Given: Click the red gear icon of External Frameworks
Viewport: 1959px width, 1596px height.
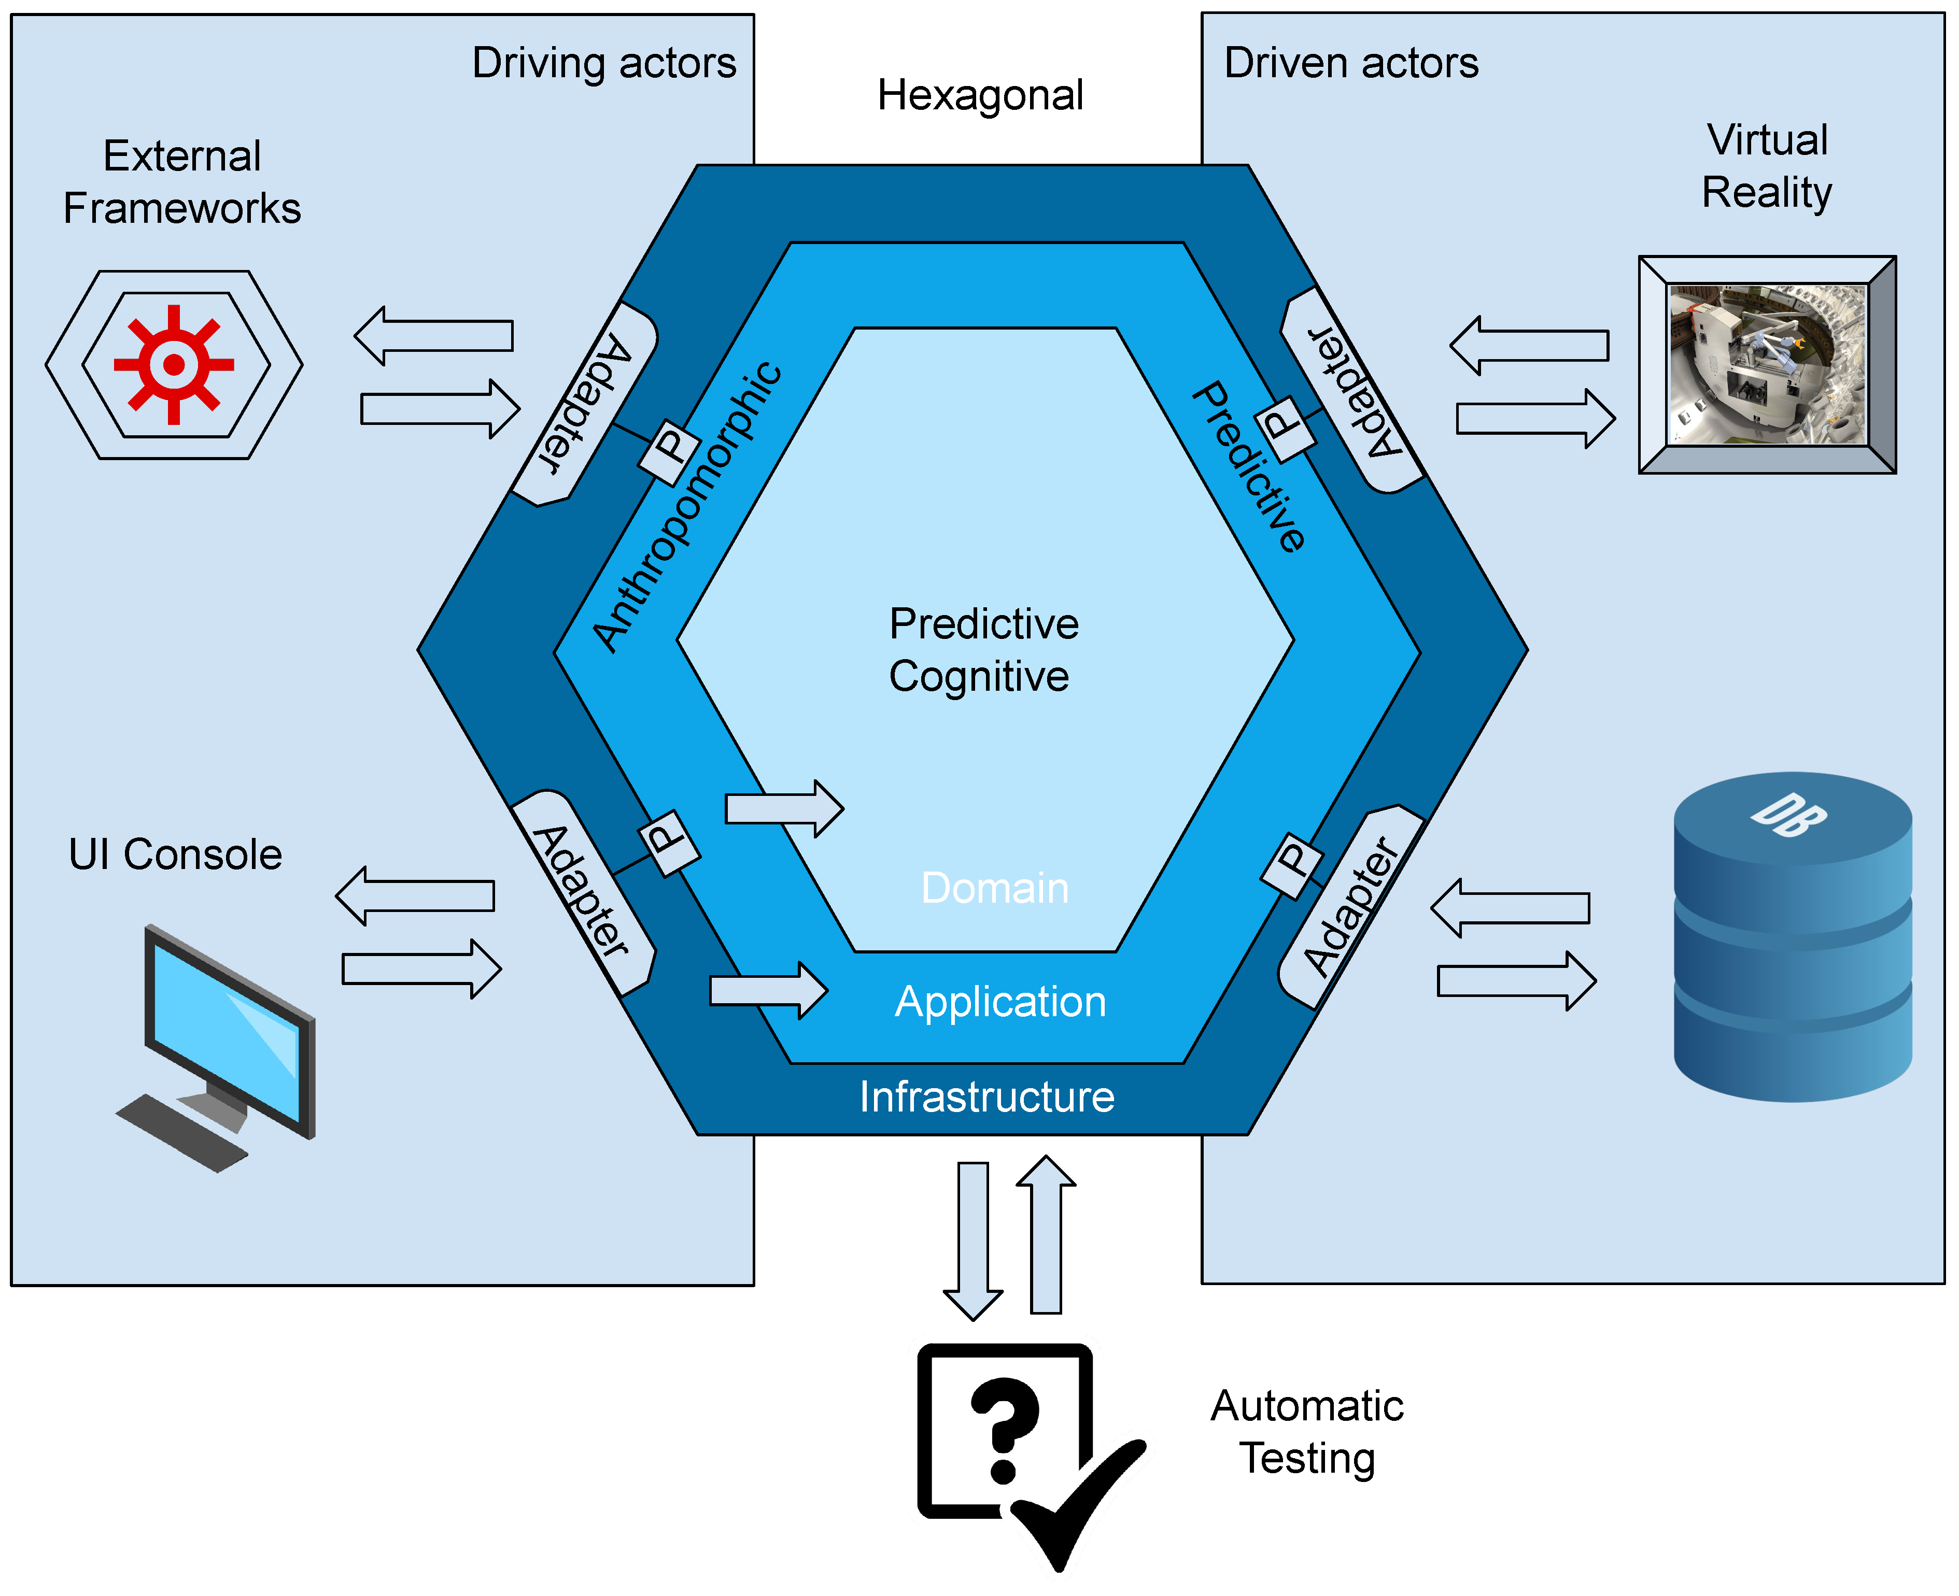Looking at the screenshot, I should [174, 365].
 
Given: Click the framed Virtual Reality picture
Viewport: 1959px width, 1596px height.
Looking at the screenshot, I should [1767, 365].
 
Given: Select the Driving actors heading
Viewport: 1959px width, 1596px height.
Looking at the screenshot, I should [603, 63].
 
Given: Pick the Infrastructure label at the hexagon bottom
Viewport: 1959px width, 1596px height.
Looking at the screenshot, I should [986, 1098].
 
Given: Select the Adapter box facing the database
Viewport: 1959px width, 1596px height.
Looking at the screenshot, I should [1350, 907].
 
